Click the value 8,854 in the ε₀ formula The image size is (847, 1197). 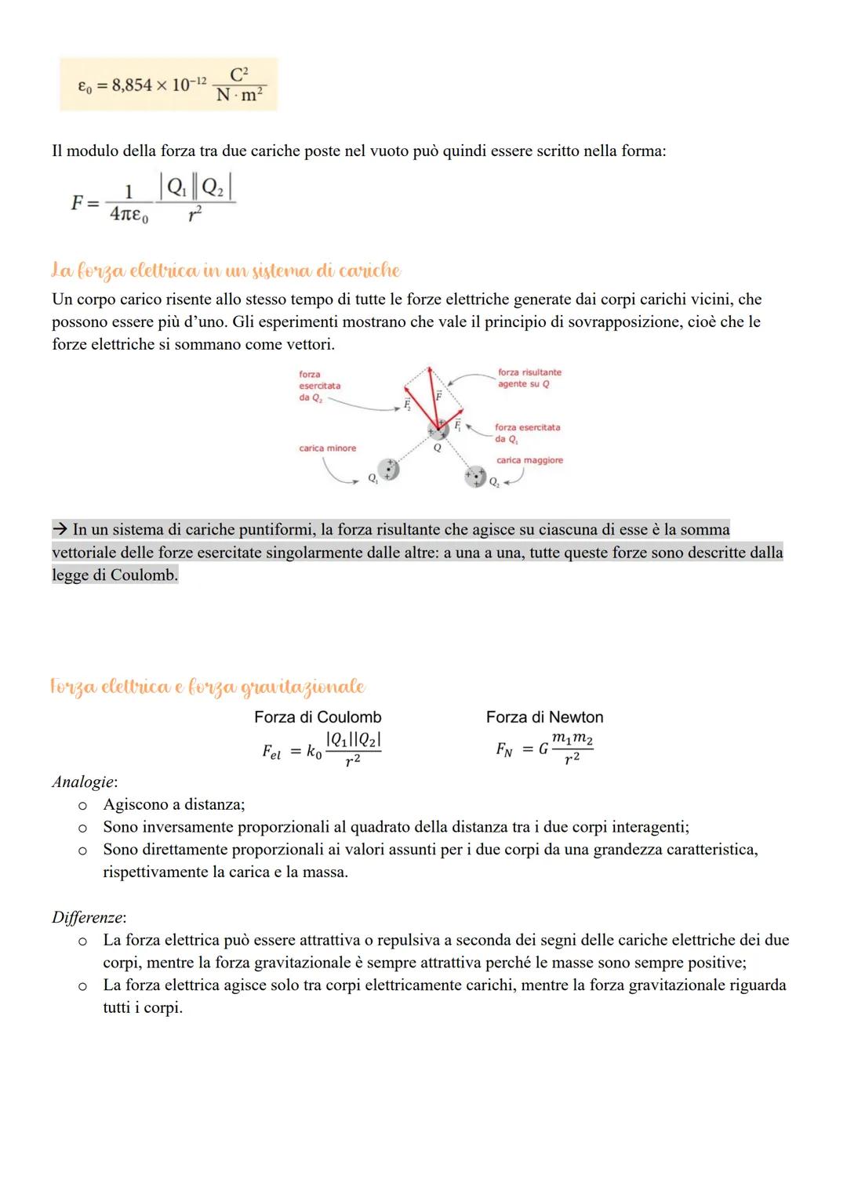(x=132, y=85)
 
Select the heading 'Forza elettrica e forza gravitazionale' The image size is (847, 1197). (x=208, y=687)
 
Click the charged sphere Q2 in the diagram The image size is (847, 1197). (x=474, y=477)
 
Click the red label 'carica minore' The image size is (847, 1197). (x=327, y=448)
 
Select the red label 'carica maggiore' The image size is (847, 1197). (x=529, y=460)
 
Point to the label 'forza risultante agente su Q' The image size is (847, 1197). (x=529, y=378)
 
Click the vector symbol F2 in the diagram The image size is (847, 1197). (x=406, y=404)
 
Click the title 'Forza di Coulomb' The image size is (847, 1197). (x=318, y=717)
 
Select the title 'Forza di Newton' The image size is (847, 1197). (x=544, y=717)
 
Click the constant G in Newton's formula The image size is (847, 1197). (x=543, y=749)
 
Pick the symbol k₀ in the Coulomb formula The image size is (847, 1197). (x=313, y=753)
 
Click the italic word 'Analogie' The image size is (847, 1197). (x=84, y=782)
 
